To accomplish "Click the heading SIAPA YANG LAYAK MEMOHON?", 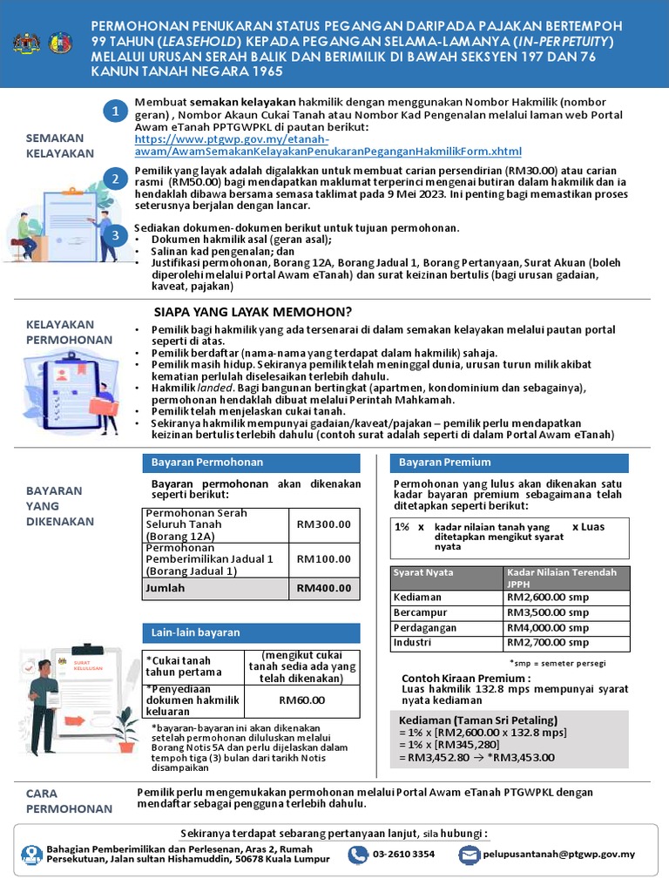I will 253,312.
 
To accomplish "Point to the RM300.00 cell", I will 323,524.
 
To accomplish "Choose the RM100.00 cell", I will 323,559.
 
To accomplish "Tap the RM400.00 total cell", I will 323,588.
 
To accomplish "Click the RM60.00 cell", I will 301,699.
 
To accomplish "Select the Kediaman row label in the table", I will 418,598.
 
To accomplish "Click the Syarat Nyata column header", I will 423,572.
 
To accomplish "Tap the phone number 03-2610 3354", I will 403,854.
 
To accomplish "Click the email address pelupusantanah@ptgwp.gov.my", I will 559,854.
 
